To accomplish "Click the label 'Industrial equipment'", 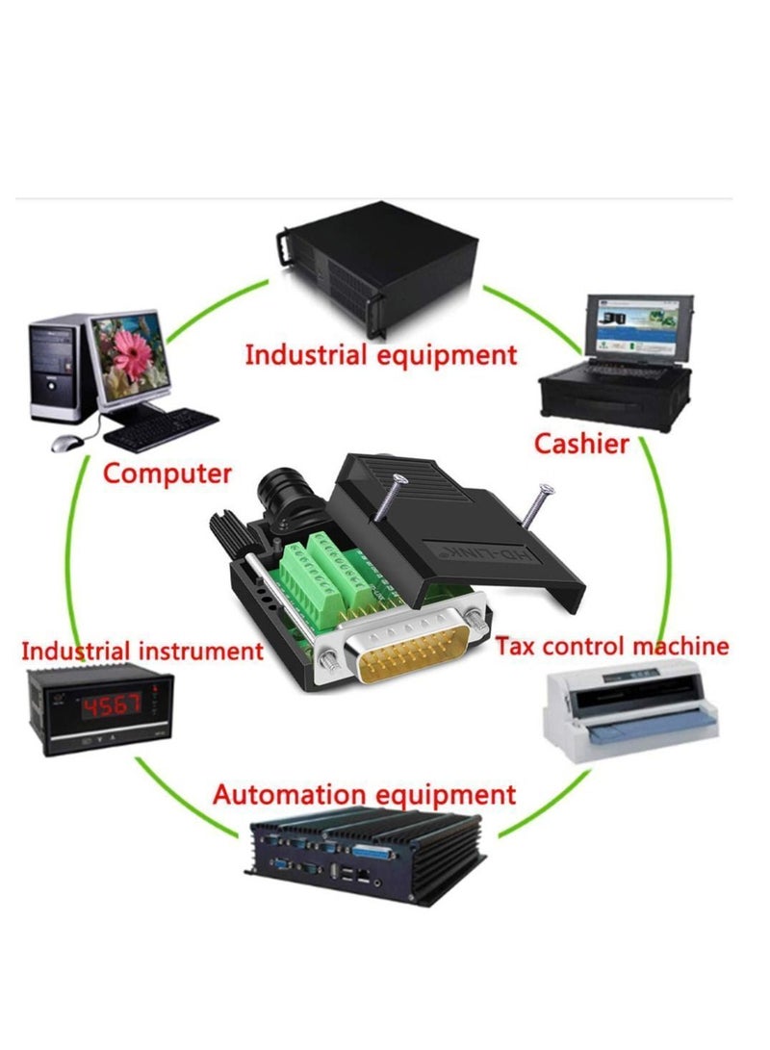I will pos(381,354).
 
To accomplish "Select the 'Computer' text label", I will pos(167,474).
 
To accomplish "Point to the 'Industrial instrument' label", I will pos(142,651).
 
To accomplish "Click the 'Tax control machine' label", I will pos(612,645).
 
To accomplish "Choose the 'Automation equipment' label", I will pos(365,795).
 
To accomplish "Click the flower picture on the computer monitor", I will pos(129,356).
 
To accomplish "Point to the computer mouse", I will pos(65,442).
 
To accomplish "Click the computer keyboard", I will pos(161,428).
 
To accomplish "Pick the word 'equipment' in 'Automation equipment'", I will pos(445,795).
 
